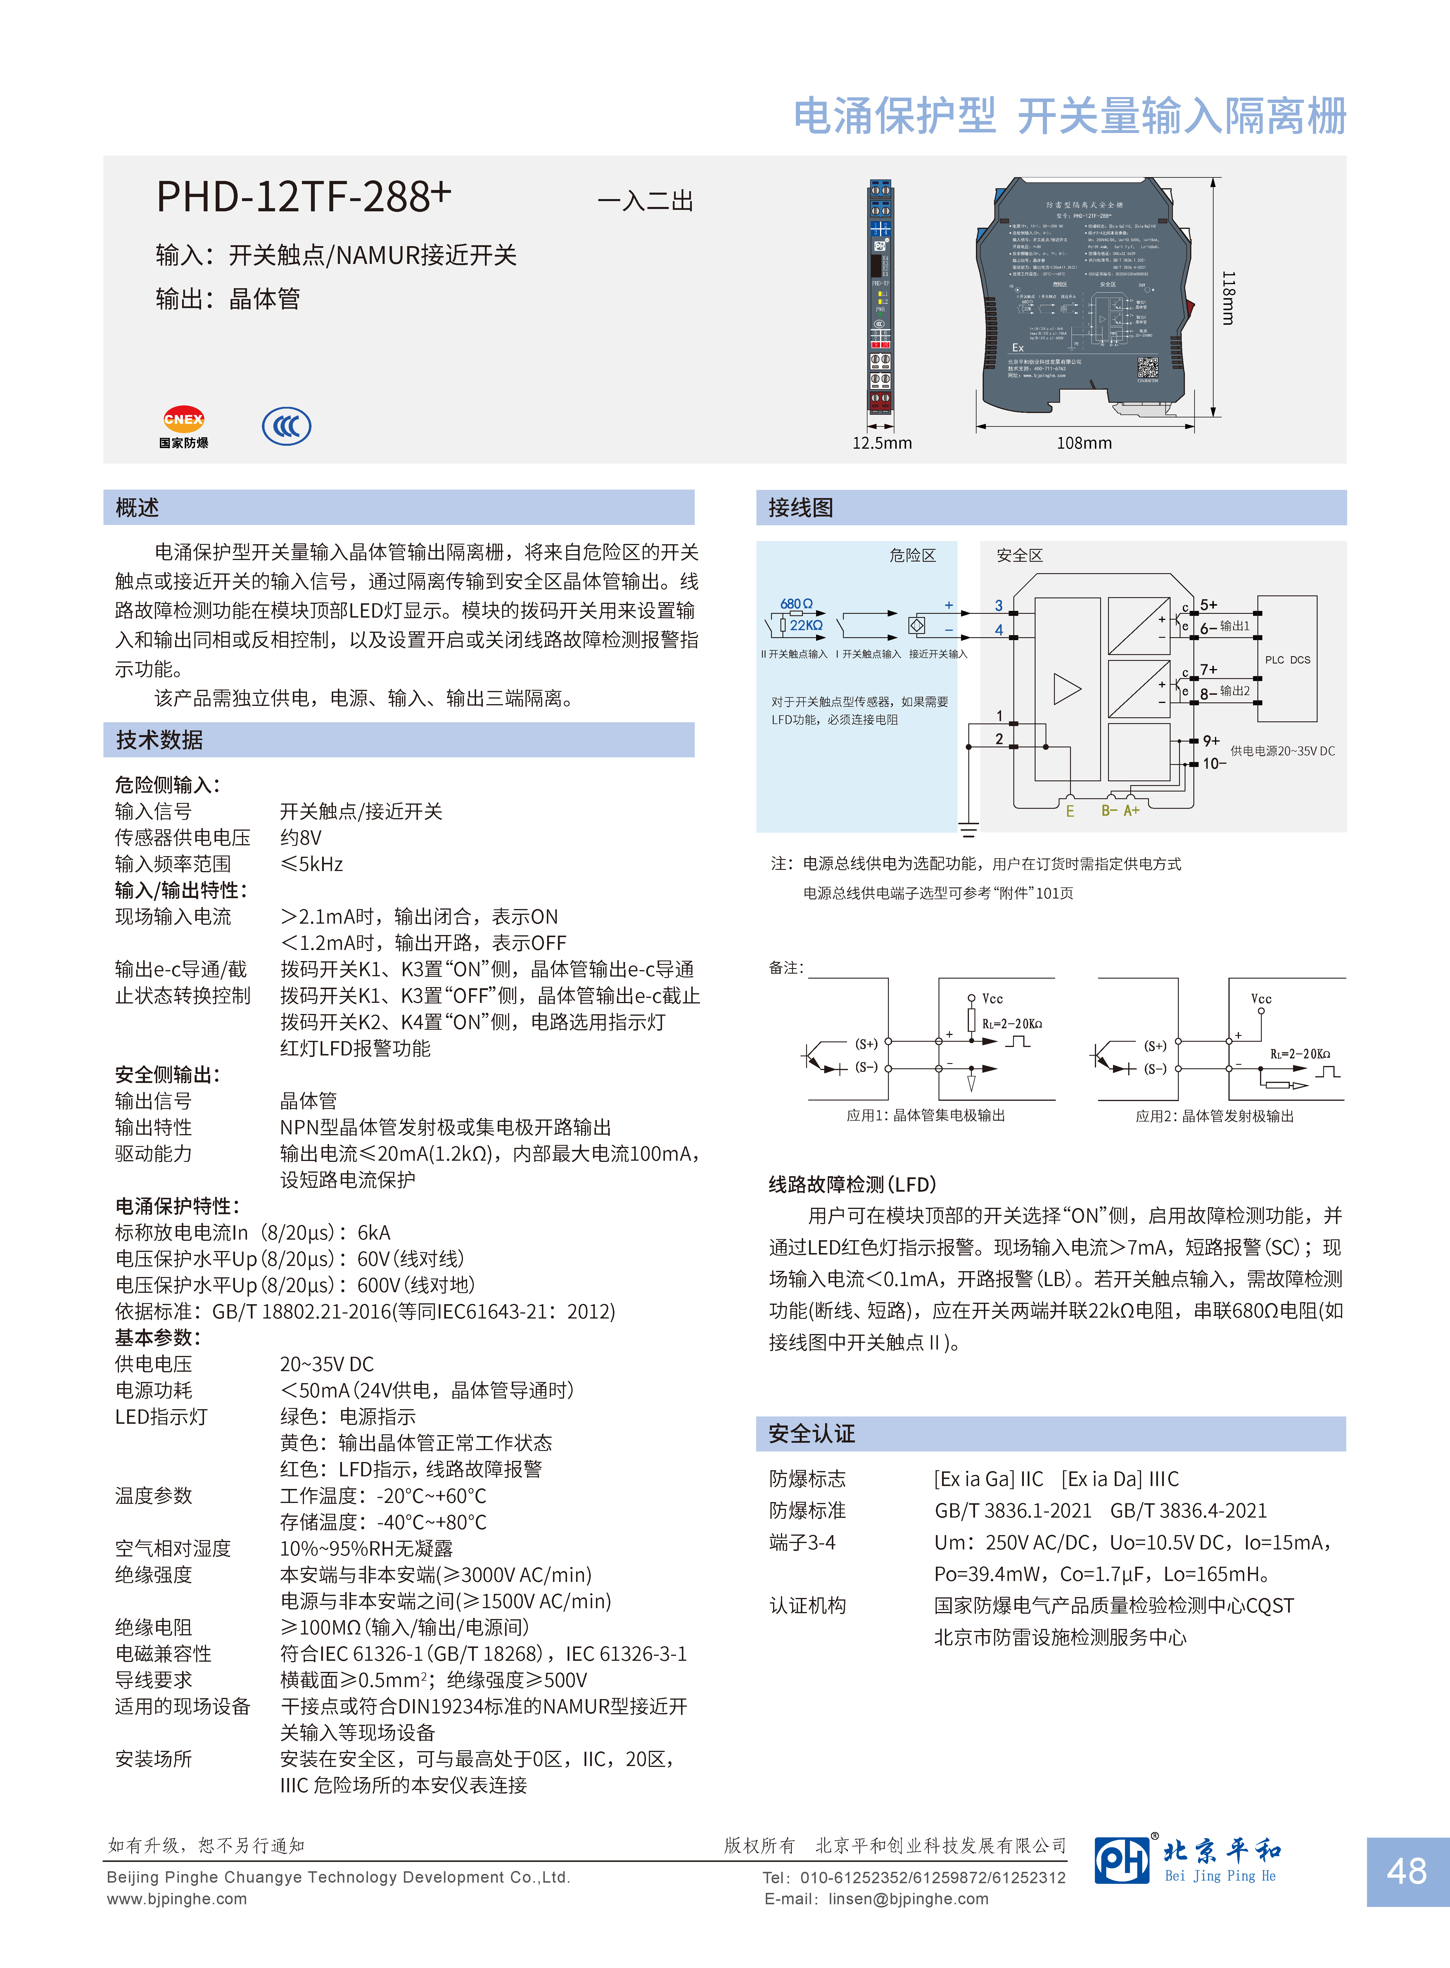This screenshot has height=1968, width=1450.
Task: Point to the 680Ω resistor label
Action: (796, 604)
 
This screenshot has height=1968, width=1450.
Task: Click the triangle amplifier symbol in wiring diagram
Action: (1067, 688)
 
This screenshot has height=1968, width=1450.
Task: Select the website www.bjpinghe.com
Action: (177, 1899)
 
